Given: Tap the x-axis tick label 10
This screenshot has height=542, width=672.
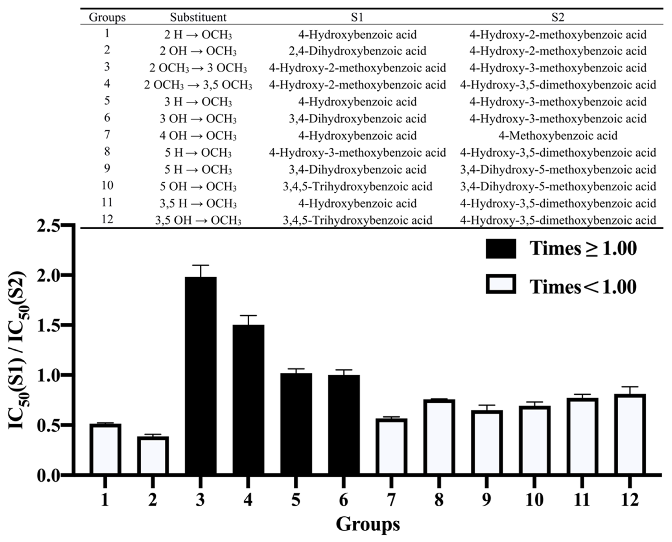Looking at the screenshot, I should [534, 500].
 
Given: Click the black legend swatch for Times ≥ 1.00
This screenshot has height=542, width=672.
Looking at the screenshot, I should [501, 249].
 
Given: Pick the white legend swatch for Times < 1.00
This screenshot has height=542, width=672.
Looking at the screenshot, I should [501, 284].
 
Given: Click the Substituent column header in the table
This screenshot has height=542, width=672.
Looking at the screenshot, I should [198, 17].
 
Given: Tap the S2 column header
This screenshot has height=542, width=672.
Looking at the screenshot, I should [558, 17].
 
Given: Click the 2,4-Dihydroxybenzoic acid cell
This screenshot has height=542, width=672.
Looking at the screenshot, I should [357, 51].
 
